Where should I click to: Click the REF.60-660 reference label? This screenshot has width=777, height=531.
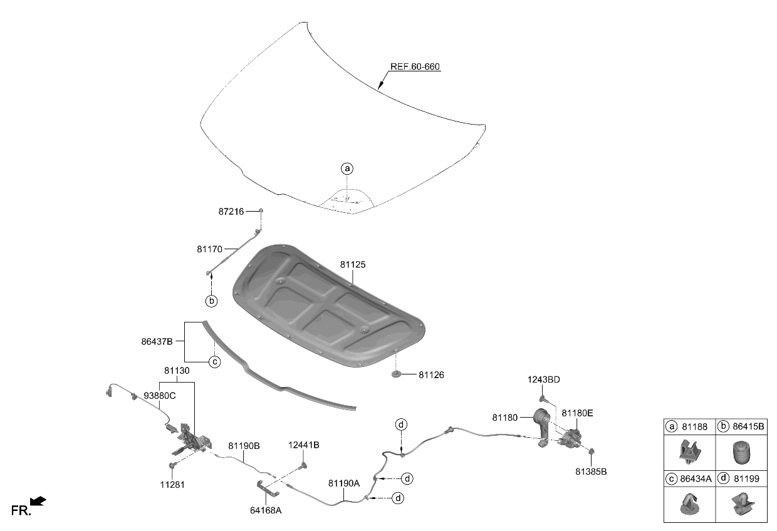415,67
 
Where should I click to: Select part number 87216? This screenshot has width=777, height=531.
231,212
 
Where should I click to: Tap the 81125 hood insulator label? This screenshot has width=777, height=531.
353,265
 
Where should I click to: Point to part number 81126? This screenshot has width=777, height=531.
432,375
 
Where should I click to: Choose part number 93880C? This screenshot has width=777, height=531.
160,396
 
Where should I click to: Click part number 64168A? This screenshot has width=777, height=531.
266,510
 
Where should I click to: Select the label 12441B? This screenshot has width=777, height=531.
304,445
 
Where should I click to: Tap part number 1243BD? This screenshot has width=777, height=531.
544,380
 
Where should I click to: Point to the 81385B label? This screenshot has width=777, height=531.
592,471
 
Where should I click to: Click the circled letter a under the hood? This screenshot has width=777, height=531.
347,168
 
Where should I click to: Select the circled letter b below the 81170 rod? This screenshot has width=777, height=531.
212,301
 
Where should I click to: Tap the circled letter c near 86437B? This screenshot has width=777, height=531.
214,361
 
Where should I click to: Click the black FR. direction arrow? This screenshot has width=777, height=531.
39,500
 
